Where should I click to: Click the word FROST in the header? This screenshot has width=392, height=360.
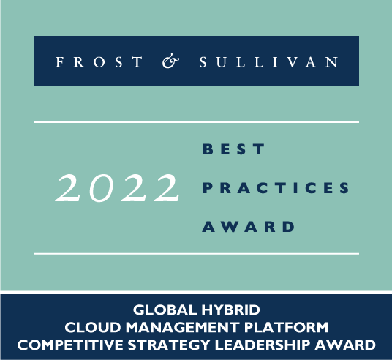99,61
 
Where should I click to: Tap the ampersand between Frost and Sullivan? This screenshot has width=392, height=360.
170,61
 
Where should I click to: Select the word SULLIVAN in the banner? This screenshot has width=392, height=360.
268,61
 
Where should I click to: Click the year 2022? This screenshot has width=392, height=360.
117,188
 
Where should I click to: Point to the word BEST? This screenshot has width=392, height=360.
233,149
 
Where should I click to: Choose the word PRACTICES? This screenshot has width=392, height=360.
276,188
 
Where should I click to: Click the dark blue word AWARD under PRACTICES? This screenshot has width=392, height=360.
249,227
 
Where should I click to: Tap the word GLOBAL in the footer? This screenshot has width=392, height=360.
165,310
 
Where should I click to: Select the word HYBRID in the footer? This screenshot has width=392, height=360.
231,310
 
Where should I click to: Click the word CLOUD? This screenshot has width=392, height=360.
93,328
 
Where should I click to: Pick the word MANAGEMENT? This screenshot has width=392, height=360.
183,328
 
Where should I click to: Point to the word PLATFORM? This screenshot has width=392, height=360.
286,328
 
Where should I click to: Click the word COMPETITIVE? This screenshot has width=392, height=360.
70,345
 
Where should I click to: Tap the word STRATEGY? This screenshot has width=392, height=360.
169,345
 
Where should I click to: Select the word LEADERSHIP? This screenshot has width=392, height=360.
263,345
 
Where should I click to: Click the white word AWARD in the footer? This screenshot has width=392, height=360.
345,345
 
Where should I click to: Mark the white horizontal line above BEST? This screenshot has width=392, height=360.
197,122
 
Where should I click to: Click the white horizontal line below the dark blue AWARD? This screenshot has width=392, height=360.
197,254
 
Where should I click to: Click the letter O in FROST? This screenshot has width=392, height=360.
99,62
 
